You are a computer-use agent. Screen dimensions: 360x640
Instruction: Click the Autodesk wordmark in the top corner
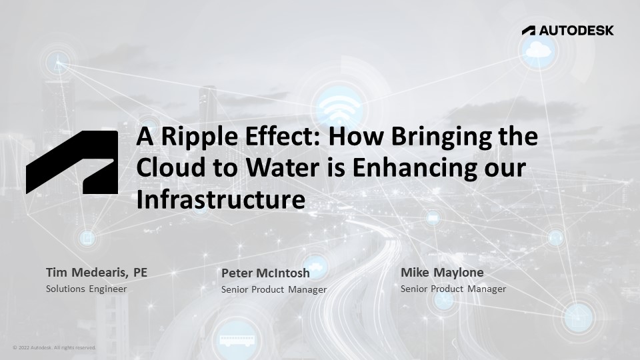567,30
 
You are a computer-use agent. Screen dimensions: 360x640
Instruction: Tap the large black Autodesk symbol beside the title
72,163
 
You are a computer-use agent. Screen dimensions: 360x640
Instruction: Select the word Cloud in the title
165,168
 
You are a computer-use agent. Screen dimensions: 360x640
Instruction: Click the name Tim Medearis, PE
96,273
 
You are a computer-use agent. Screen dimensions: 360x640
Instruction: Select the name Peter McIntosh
265,273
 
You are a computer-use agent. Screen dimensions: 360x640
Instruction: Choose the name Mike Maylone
442,273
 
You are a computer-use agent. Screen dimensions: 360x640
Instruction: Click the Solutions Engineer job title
86,289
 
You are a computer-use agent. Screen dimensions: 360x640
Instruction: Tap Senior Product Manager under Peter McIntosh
274,289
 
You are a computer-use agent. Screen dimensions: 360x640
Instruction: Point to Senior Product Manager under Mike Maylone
453,289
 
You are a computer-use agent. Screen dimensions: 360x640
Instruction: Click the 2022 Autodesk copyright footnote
54,347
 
